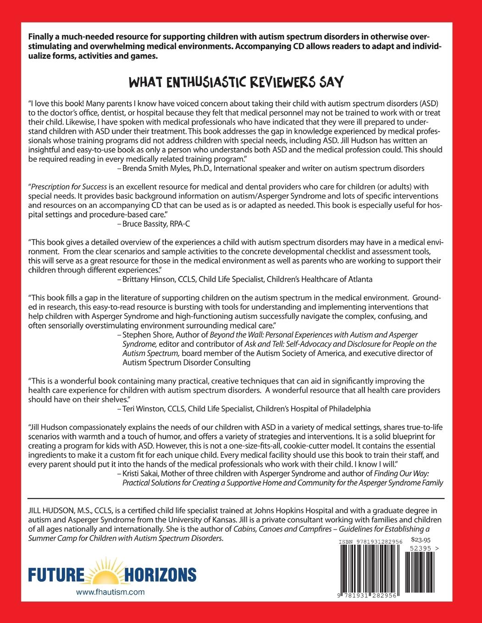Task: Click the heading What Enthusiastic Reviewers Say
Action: [241, 82]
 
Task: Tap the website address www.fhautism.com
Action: [110, 592]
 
